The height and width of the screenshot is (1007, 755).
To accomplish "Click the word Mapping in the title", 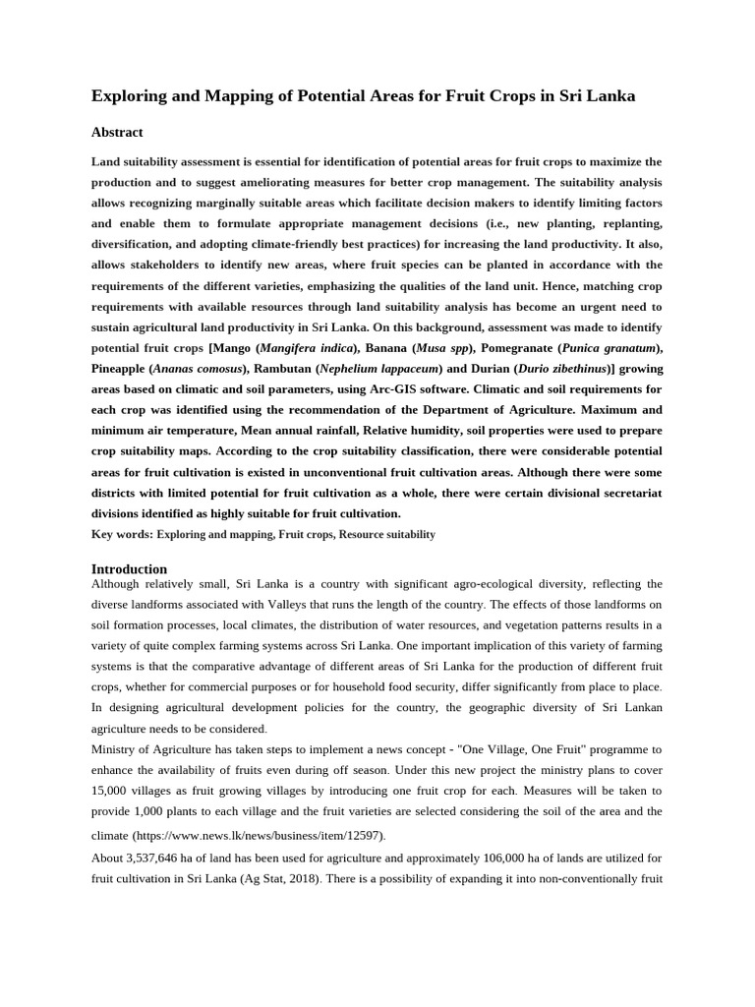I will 218,95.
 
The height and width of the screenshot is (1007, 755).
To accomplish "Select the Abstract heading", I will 117,132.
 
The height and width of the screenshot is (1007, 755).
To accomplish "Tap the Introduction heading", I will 129,568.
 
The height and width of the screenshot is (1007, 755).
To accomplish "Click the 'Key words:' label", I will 121,534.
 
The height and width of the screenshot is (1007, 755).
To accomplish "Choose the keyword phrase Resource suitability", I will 388,534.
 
